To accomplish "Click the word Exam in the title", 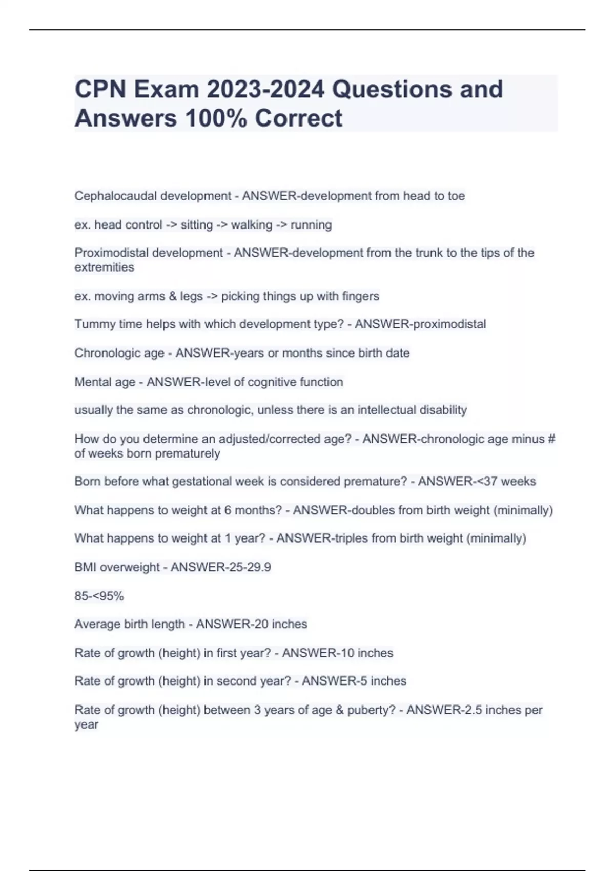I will point(167,90).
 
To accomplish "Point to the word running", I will point(311,225).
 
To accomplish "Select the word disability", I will point(443,410).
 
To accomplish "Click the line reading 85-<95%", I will point(99,596).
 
